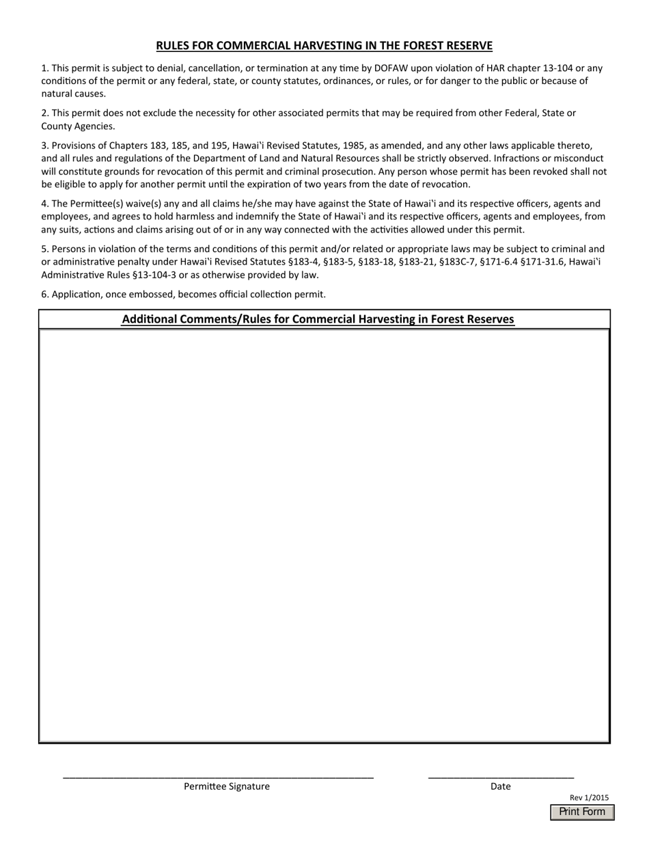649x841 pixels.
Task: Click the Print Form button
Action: pyautogui.click(x=582, y=812)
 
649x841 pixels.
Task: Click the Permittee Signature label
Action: pyautogui.click(x=226, y=786)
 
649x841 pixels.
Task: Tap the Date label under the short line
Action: pyautogui.click(x=500, y=786)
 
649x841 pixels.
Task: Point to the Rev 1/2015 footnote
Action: pyautogui.click(x=589, y=797)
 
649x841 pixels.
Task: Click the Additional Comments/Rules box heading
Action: pyautogui.click(x=318, y=319)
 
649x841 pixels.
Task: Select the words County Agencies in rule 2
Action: pyautogui.click(x=78, y=126)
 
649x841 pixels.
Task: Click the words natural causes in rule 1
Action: pyautogui.click(x=73, y=94)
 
